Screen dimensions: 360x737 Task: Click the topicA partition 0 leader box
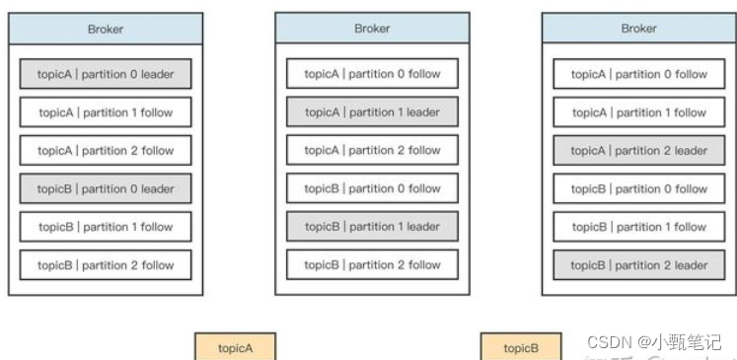click(x=106, y=74)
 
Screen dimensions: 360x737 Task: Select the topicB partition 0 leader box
click(x=106, y=188)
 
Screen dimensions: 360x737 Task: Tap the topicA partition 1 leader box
click(x=372, y=112)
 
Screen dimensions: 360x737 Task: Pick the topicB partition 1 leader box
click(x=372, y=226)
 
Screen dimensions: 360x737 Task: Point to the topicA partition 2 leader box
click(x=639, y=151)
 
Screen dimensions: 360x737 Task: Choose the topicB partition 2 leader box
click(x=639, y=264)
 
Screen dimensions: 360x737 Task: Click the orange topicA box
click(x=236, y=348)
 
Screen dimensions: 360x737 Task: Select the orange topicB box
click(x=521, y=348)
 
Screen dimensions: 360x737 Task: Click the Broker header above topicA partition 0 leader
click(x=106, y=29)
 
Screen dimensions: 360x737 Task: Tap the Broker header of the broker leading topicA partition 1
click(x=372, y=29)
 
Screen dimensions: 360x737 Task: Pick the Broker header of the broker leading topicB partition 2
click(x=639, y=29)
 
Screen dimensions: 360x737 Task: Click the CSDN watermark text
click(x=610, y=342)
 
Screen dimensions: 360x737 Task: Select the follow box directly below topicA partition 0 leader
click(x=106, y=112)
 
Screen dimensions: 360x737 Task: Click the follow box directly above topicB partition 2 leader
click(x=639, y=226)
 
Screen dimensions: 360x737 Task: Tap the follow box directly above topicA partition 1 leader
click(x=372, y=74)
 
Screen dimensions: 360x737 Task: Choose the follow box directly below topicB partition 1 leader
click(x=372, y=264)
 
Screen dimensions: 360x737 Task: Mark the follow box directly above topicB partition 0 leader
click(x=106, y=151)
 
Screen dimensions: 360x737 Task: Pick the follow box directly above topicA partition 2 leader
click(x=639, y=112)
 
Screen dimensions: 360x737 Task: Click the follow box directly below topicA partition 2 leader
click(x=639, y=188)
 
